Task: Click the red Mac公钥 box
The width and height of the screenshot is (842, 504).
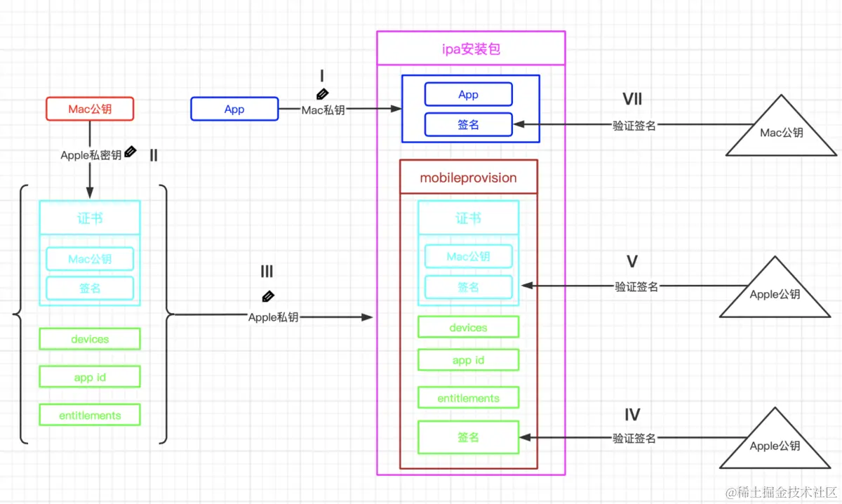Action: coord(89,109)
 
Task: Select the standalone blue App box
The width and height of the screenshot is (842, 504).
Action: coord(234,109)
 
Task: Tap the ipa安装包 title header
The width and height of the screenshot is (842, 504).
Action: coord(471,48)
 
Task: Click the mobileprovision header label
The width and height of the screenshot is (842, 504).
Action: coord(468,178)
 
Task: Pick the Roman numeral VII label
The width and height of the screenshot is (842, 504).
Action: coord(632,99)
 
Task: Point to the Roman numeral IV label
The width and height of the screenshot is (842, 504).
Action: coord(632,415)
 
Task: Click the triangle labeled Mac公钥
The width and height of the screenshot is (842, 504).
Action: coord(781,130)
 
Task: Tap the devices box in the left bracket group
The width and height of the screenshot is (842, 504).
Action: coord(90,339)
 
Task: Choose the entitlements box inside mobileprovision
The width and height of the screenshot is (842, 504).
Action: coord(468,398)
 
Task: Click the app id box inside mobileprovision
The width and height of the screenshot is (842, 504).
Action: coord(468,360)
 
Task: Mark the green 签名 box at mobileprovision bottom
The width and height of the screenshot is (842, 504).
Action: coord(468,437)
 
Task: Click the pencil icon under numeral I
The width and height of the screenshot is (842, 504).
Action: coord(322,93)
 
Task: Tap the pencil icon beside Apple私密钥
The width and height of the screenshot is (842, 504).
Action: coord(130,152)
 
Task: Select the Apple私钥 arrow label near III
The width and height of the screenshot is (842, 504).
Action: coord(274,317)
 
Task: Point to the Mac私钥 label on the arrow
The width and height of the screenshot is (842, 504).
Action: coord(323,110)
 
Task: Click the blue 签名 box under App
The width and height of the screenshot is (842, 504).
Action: coord(468,124)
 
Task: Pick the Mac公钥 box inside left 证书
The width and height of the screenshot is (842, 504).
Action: coord(90,259)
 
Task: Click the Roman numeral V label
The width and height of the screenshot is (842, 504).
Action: coord(632,262)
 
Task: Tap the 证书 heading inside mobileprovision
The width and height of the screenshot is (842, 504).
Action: coord(468,218)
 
